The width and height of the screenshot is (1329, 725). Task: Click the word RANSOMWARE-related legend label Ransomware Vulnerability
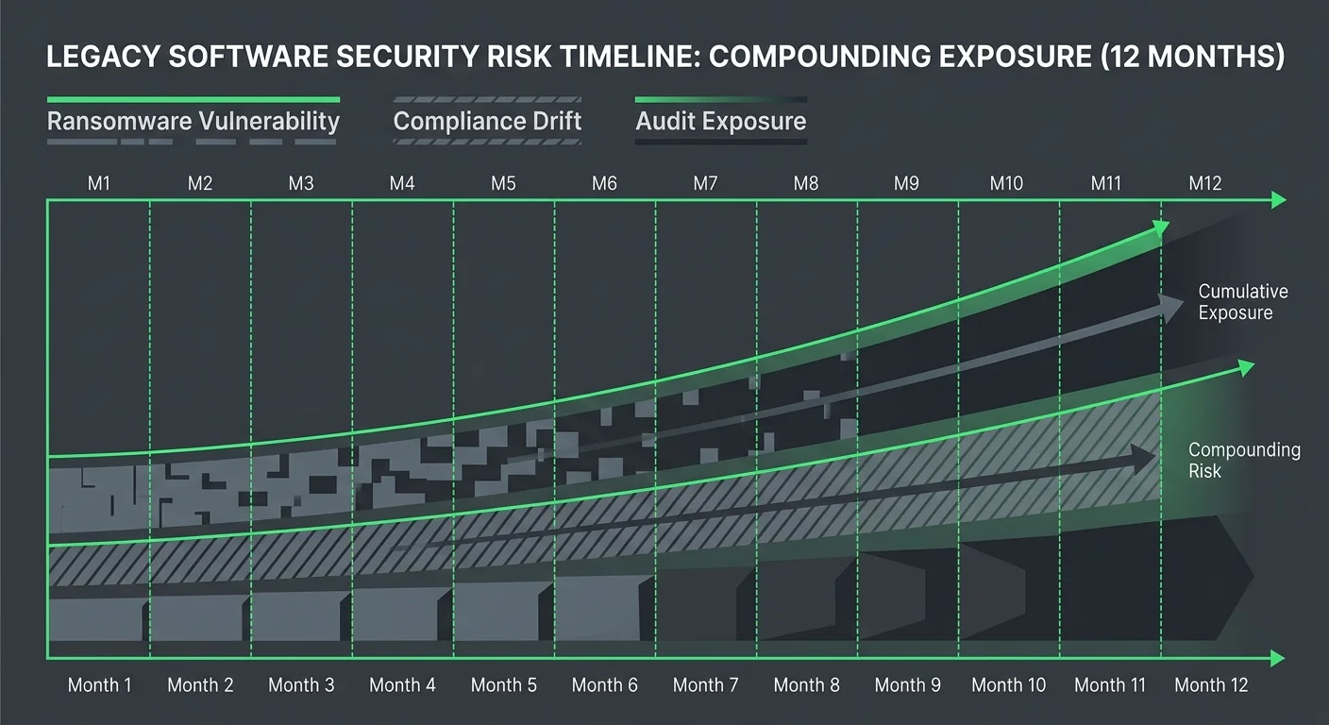(193, 122)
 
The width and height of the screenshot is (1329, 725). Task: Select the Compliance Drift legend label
(487, 122)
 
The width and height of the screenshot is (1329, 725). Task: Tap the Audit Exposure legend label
(721, 122)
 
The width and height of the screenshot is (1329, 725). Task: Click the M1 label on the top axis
(99, 183)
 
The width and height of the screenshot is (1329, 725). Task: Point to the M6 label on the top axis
(604, 183)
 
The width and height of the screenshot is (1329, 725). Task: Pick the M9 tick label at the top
(906, 183)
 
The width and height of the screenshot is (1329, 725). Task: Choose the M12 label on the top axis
(1205, 183)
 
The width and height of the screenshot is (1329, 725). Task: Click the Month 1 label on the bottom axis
(100, 685)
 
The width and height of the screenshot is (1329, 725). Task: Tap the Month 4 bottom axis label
(402, 685)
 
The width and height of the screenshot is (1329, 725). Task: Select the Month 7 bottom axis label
(705, 685)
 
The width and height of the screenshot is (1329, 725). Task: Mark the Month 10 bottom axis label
(1009, 685)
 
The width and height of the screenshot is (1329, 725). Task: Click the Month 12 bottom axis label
(1211, 685)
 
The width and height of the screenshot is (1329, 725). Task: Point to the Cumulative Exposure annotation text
(1242, 302)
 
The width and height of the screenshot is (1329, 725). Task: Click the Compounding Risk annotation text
(1243, 461)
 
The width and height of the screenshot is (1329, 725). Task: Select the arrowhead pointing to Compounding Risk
(1144, 459)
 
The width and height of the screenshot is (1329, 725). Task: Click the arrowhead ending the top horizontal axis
(1278, 200)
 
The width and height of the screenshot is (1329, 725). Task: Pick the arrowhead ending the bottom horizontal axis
(1278, 658)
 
